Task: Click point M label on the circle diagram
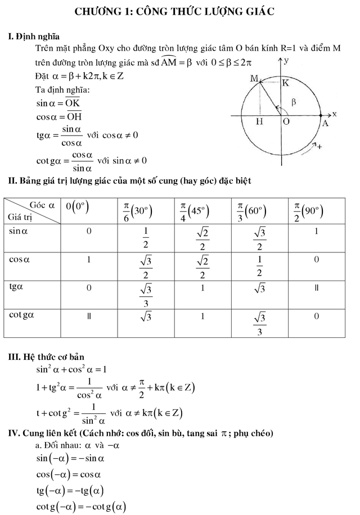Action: (254, 80)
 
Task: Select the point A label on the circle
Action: (325, 125)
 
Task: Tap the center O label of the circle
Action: (286, 122)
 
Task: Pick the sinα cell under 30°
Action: (145, 240)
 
